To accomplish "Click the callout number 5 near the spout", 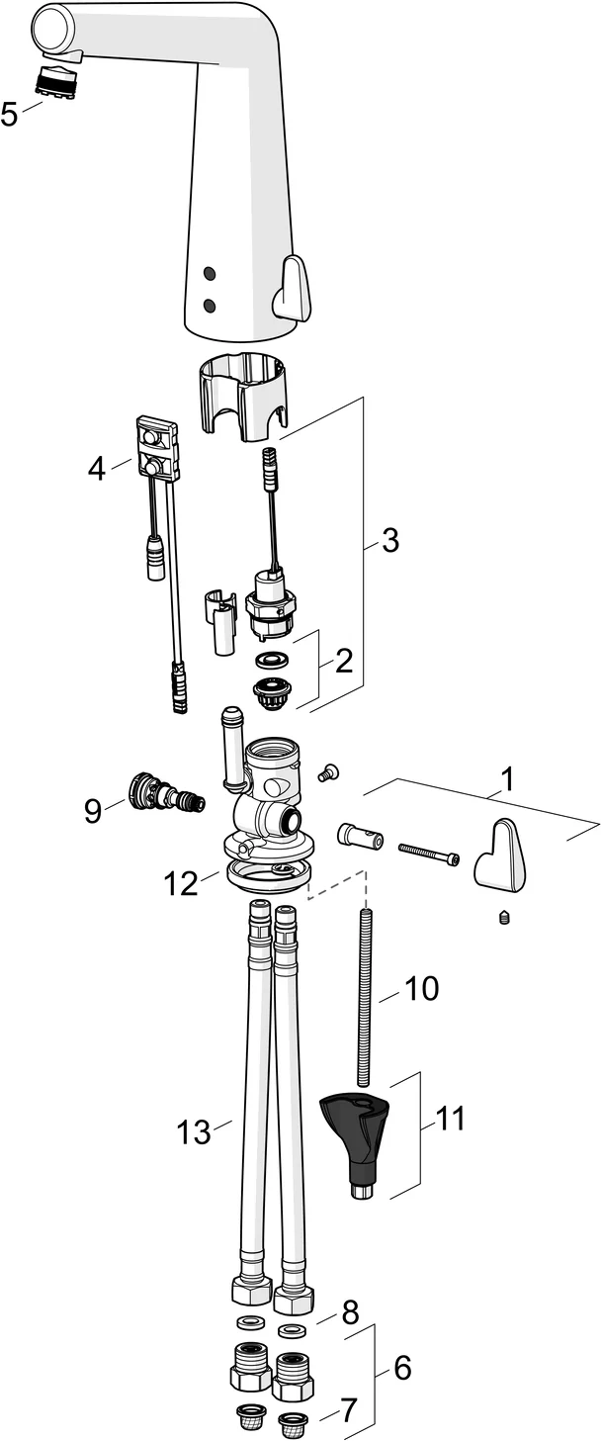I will [9, 115].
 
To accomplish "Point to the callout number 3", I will [389, 541].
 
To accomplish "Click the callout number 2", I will [343, 660].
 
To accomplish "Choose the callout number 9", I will [93, 811].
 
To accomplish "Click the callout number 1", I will [506, 780].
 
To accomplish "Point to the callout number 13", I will [195, 1131].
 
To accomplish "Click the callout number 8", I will [350, 1312].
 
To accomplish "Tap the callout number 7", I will [348, 1410].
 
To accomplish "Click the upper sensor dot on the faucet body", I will [209, 272].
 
